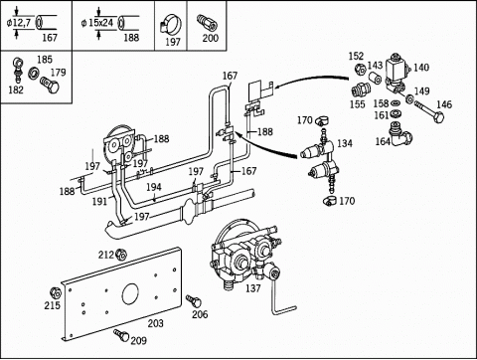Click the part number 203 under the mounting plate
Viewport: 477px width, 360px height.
155,323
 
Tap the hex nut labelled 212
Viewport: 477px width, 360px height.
121,255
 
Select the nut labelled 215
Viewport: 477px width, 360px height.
55,293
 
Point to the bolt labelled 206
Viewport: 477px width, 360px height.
194,301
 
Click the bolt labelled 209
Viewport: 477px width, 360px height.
121,335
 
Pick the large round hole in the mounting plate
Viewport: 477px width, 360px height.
130,293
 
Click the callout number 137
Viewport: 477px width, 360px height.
253,288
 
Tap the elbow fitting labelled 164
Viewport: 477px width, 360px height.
400,134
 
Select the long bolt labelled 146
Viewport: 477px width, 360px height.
428,112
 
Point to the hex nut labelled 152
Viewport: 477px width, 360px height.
360,69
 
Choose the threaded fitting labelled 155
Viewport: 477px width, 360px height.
359,90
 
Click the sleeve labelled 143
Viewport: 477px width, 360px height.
376,79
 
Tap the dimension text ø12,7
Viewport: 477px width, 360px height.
19,23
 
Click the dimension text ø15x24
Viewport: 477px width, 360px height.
97,23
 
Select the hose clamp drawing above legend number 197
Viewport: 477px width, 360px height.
171,24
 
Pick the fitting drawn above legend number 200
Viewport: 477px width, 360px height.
207,23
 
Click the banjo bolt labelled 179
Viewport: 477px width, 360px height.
50,86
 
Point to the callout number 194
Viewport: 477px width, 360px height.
154,187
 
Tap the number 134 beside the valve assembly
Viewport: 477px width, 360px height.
345,143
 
